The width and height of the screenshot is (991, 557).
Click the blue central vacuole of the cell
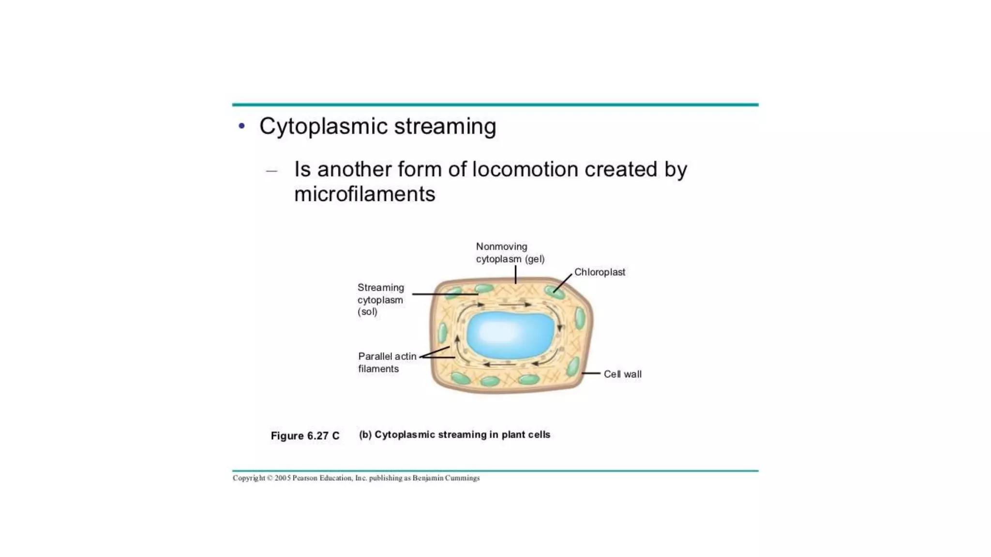click(x=510, y=335)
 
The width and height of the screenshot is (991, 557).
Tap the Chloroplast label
click(x=600, y=272)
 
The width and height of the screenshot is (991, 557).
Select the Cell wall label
click(x=622, y=374)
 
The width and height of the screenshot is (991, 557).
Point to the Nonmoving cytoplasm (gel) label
click(x=510, y=253)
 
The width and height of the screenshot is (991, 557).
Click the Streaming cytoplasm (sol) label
click(x=380, y=300)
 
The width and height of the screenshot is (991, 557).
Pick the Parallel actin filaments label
click(x=387, y=362)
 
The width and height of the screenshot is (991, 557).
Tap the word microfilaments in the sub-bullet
click(x=364, y=194)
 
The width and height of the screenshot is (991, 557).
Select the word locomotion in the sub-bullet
click(x=525, y=170)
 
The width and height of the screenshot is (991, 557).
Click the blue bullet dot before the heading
click(x=242, y=126)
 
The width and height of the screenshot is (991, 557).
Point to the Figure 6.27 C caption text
click(x=305, y=436)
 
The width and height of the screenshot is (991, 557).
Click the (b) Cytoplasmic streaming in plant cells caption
click(x=454, y=435)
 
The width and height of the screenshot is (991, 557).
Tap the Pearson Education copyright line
click(x=356, y=478)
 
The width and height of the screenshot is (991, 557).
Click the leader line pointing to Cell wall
click(x=591, y=373)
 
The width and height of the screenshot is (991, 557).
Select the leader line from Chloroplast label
click(x=563, y=283)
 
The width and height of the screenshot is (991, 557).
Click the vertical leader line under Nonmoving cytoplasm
click(x=515, y=275)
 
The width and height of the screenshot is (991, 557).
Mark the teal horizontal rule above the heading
click(x=495, y=104)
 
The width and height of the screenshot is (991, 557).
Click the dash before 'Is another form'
click(x=271, y=171)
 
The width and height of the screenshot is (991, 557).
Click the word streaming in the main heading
click(x=445, y=127)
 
